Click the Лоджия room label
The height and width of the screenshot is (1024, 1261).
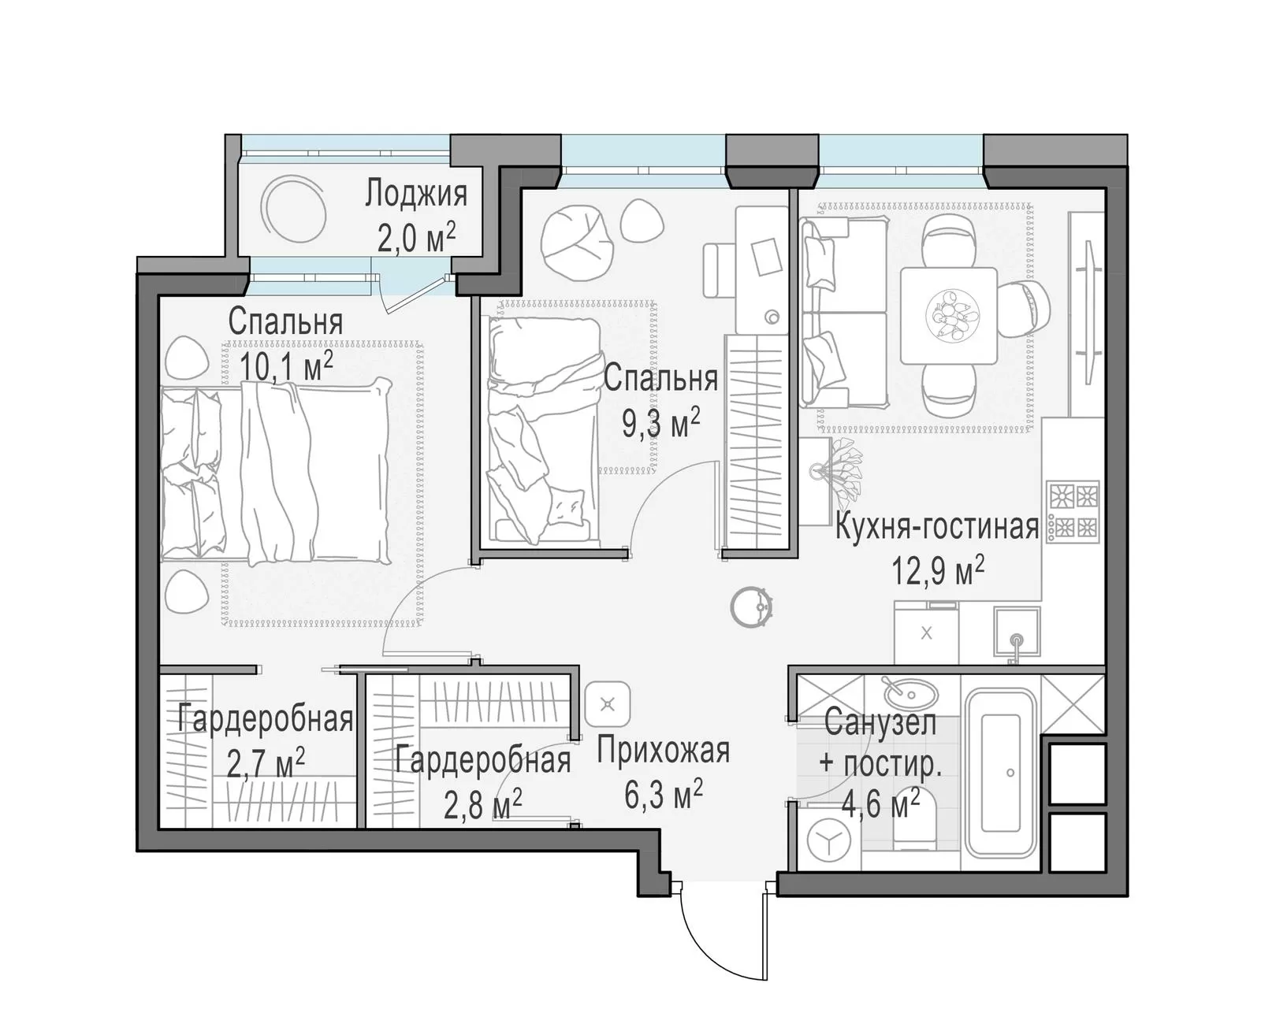click(x=415, y=195)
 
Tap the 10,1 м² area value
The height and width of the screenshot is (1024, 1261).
click(x=287, y=366)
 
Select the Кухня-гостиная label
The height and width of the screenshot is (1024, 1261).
click(x=936, y=527)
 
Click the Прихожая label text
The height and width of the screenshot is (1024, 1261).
click(x=664, y=750)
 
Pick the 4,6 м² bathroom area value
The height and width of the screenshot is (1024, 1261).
click(x=880, y=804)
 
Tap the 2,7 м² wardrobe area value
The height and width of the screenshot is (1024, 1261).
click(x=266, y=763)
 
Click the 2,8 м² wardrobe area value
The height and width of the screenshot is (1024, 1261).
click(x=482, y=804)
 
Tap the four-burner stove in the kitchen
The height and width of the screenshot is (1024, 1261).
click(x=1073, y=512)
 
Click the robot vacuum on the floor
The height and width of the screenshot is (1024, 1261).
click(x=752, y=607)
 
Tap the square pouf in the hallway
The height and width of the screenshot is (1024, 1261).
click(x=608, y=704)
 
